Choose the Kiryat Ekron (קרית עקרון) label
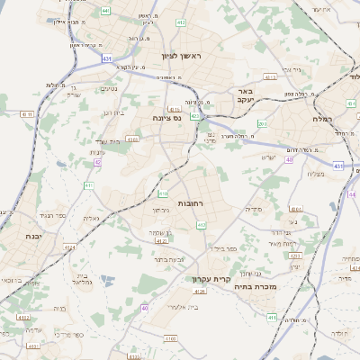click(211, 278)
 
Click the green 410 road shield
click(163, 193)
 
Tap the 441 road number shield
click(105, 11)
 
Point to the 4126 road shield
click(200, 292)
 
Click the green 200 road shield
click(262, 123)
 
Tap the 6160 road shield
click(171, 338)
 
